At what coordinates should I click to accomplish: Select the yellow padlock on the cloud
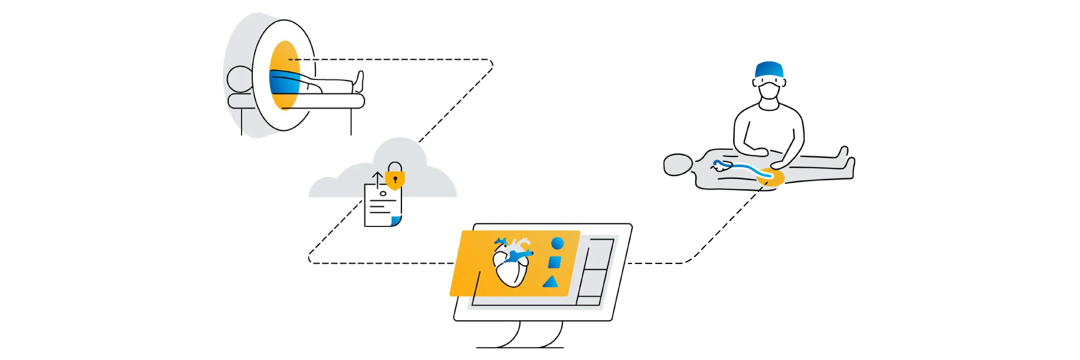pos(394,179)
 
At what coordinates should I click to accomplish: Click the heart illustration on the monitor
pos(512,264)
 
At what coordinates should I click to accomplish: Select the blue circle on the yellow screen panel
pos(557,243)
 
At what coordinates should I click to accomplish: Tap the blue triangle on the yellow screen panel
pos(551,282)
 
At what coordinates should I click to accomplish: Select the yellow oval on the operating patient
pos(770,177)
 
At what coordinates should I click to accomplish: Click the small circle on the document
pos(383,194)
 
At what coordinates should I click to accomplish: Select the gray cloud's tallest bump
pos(400,153)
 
